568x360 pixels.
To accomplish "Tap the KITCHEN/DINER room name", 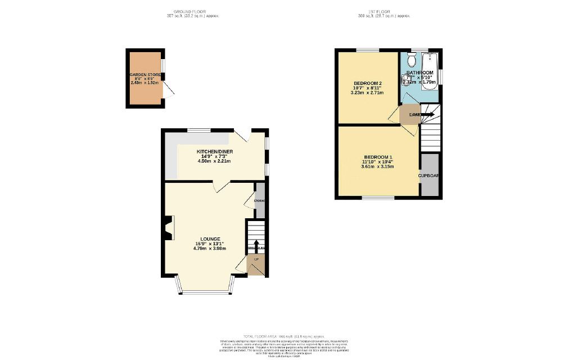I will pos(214,152).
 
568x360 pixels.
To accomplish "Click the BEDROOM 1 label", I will pos(378,156).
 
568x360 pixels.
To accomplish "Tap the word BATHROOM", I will pos(420,73).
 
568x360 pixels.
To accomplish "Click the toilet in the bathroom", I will pos(412,59).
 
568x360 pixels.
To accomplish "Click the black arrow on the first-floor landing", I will pos(427,115).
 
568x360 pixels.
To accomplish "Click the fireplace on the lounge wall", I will pos(169,229).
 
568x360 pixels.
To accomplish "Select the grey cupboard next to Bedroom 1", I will pos(430,175).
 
